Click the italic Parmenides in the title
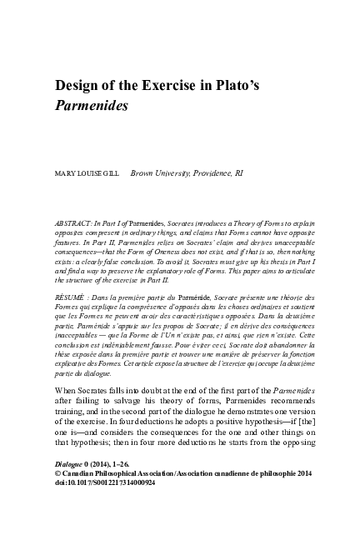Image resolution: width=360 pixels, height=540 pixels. (x=92, y=107)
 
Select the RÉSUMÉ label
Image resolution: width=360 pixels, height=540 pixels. (x=70, y=297)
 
